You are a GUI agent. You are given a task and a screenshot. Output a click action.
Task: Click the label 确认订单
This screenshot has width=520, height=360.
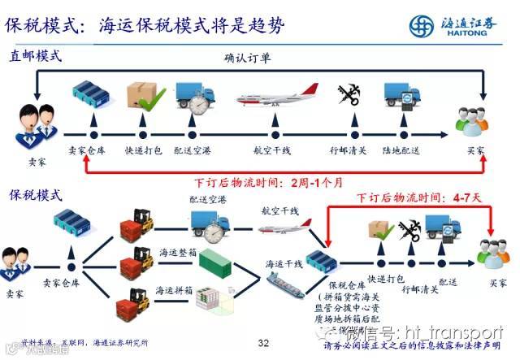(251, 59)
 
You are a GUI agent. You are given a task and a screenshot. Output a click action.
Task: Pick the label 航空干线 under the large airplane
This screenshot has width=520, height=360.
(275, 151)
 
